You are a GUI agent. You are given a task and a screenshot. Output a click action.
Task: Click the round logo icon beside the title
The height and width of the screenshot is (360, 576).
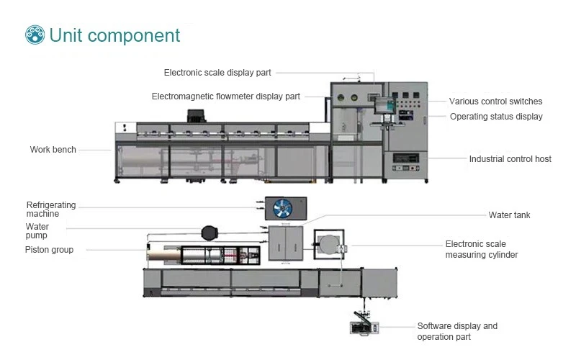click(x=35, y=35)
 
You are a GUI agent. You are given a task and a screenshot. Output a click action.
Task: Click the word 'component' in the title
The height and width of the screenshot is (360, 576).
click(x=134, y=36)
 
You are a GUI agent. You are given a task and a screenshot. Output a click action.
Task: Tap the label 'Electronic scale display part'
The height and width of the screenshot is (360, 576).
click(x=217, y=73)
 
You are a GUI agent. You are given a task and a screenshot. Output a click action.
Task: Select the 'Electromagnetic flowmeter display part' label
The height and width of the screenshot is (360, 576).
click(x=226, y=96)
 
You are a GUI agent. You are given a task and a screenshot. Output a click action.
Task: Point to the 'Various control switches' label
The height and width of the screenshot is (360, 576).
click(x=495, y=102)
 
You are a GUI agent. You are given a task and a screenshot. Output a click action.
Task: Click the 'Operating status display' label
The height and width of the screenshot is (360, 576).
click(x=496, y=117)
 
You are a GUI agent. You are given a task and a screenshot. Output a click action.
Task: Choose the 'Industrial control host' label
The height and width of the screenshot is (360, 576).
click(x=510, y=159)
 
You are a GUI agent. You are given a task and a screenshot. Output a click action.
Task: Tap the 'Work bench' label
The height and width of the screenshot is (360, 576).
click(x=53, y=150)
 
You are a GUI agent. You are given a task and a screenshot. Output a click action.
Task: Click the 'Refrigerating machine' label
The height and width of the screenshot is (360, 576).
click(x=51, y=210)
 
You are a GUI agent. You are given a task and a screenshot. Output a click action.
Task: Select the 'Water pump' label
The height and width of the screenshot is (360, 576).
click(x=37, y=231)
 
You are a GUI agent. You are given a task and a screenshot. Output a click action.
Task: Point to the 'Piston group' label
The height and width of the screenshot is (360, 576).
click(x=49, y=250)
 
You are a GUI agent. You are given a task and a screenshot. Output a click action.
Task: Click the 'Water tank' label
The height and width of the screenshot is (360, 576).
click(x=509, y=215)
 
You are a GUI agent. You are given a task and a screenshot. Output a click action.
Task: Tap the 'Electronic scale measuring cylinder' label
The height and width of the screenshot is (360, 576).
click(x=482, y=249)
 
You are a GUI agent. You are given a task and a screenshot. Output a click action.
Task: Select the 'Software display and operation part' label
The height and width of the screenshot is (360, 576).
click(x=457, y=331)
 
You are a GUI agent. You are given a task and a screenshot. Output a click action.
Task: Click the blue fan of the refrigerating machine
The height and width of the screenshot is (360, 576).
click(x=283, y=208)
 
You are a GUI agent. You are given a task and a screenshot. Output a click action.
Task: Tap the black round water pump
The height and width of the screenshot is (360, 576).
click(x=210, y=233)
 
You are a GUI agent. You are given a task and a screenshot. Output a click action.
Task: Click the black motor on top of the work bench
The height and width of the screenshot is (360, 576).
click(x=196, y=116)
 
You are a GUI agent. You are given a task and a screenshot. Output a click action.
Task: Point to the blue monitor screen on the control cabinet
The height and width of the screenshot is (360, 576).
click(x=385, y=105)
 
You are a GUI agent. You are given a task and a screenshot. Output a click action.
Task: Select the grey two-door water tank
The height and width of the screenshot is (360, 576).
click(x=286, y=243)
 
